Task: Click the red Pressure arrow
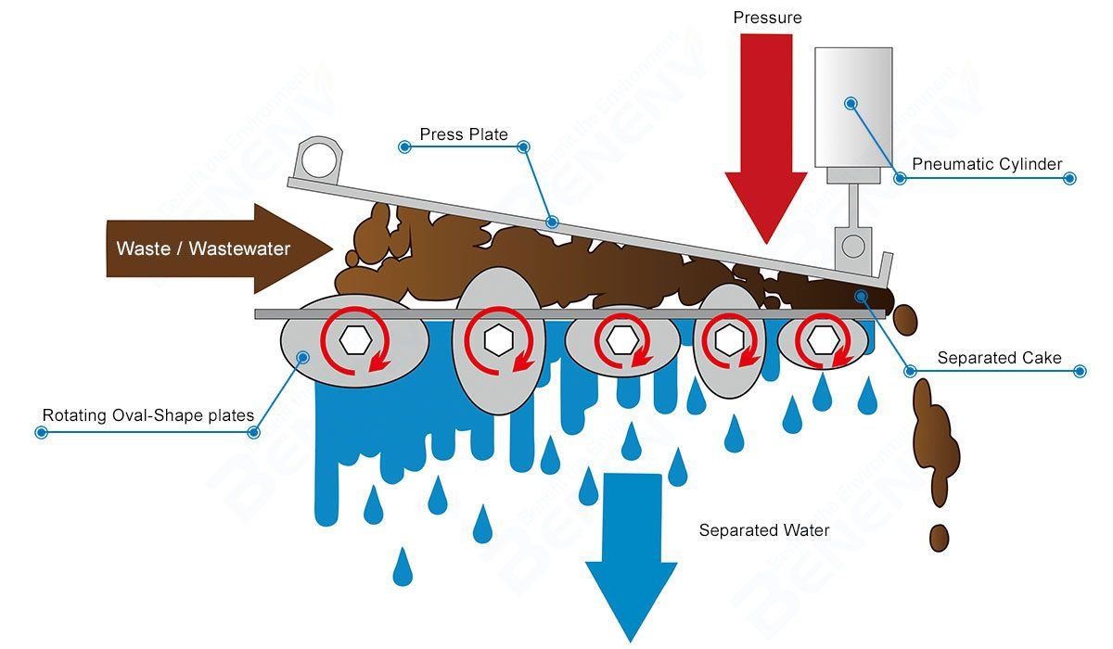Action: [x=765, y=139]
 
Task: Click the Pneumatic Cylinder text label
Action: [x=987, y=164]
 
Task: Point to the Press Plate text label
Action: [x=464, y=134]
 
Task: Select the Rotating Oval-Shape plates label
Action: [x=148, y=414]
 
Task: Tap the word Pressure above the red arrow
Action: [x=767, y=18]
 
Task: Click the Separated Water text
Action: [x=764, y=530]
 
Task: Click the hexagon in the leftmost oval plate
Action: [x=353, y=340]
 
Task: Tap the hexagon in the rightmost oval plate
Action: [x=820, y=340]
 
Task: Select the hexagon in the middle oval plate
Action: [x=620, y=340]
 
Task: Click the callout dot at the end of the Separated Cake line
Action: [x=1079, y=371]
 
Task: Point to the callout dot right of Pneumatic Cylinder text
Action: [x=1069, y=177]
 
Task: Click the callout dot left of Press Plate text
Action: [x=404, y=146]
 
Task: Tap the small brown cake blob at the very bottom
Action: [x=940, y=537]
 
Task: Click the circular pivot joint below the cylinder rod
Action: [x=852, y=246]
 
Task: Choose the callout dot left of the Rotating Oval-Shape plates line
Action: [x=40, y=432]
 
